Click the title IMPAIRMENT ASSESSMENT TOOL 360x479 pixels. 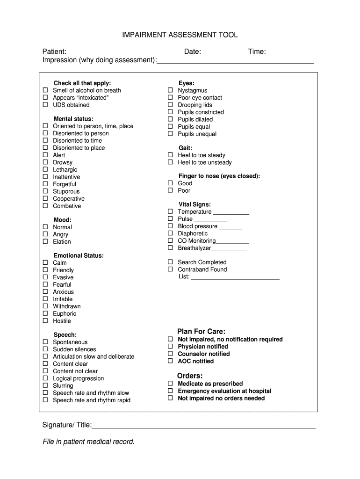click(180, 35)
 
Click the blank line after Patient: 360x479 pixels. click(121, 52)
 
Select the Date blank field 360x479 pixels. click(218, 52)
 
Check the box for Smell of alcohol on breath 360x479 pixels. click(46, 90)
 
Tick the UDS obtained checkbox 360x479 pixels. click(46, 105)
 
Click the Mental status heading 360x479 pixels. click(73, 119)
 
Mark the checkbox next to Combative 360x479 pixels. click(46, 206)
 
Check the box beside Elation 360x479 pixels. click(46, 241)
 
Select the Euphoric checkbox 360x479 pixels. click(46, 313)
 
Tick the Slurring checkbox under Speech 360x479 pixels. click(46, 385)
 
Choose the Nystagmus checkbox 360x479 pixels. click(171, 90)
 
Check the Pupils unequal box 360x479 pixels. click(171, 134)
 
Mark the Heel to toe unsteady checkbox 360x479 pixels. click(171, 162)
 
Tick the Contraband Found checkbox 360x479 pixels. click(171, 269)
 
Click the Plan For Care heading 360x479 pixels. click(201, 332)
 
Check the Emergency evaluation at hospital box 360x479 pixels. click(171, 391)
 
